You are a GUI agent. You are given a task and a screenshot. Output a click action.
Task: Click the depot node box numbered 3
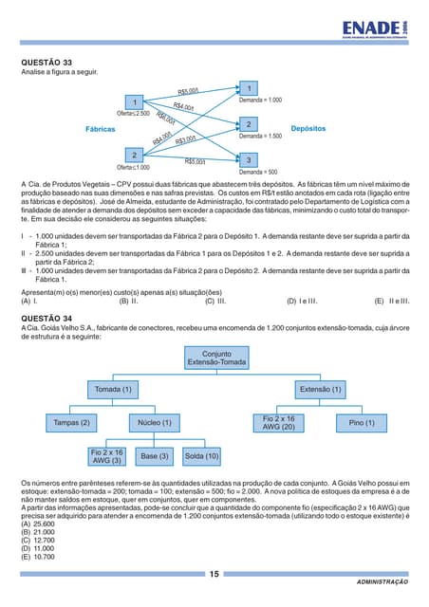coord(248,160)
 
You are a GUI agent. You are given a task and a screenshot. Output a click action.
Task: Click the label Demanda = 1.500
coord(260,137)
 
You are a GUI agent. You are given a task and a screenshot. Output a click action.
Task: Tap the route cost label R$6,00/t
coord(164,120)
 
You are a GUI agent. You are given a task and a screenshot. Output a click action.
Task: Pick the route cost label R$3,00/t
coord(185,140)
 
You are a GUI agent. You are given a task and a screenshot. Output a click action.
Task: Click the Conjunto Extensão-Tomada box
coord(216,359)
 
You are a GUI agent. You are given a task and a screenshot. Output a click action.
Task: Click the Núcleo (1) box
coord(155,422)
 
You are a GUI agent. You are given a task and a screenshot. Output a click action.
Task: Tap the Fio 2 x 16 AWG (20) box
coord(278,422)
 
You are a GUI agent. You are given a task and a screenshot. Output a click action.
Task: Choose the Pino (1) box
coord(362,422)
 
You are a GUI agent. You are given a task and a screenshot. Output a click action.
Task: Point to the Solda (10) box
coord(201,456)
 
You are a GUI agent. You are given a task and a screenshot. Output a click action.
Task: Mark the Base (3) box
coord(155,456)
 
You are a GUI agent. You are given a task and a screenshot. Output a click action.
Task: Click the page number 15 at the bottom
coord(214,574)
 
